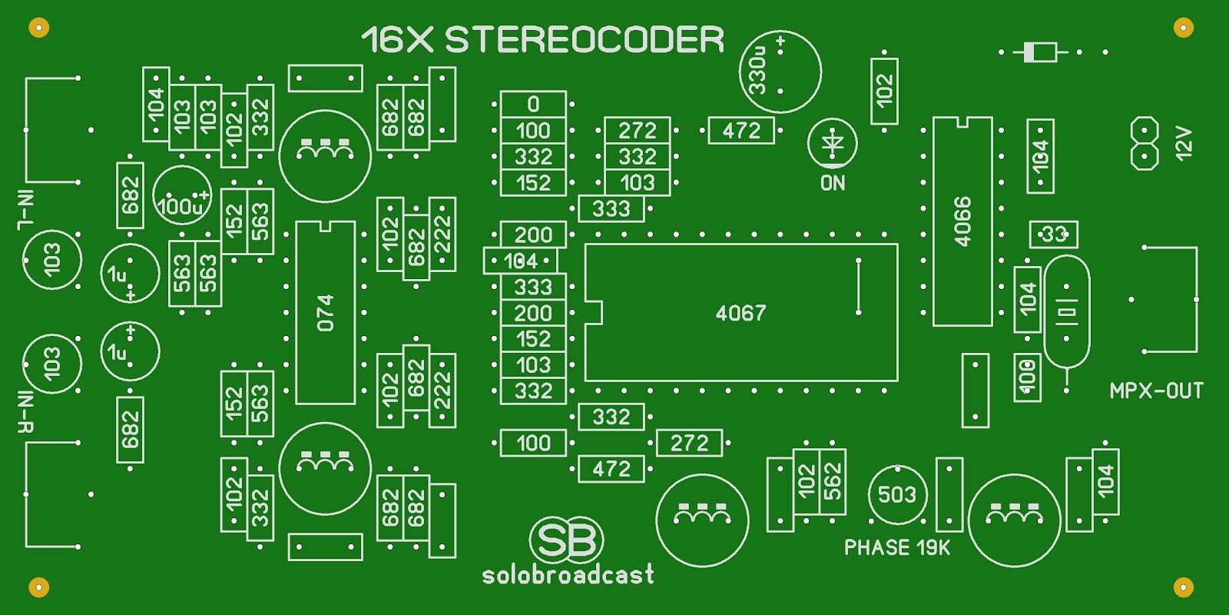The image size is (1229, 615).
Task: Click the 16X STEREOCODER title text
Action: [542, 40]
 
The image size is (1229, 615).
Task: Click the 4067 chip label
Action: [740, 313]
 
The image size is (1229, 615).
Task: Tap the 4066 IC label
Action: [962, 221]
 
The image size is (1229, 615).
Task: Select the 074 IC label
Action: [326, 312]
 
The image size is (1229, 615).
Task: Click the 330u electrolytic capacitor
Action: [779, 71]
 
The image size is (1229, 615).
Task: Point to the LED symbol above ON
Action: [833, 143]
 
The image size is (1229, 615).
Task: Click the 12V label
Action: [1184, 144]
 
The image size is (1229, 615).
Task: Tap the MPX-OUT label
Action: [1156, 391]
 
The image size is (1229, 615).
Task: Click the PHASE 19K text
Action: [896, 547]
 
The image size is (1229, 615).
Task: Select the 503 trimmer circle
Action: [897, 494]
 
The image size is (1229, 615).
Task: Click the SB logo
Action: [566, 540]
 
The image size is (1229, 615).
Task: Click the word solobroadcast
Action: [568, 574]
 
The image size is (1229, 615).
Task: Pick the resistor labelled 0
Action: [533, 104]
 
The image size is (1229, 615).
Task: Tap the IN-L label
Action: [26, 209]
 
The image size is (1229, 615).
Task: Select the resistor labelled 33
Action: [1053, 234]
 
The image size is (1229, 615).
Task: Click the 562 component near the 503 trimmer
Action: [833, 482]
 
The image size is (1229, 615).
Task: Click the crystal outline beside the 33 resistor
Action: [1066, 311]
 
